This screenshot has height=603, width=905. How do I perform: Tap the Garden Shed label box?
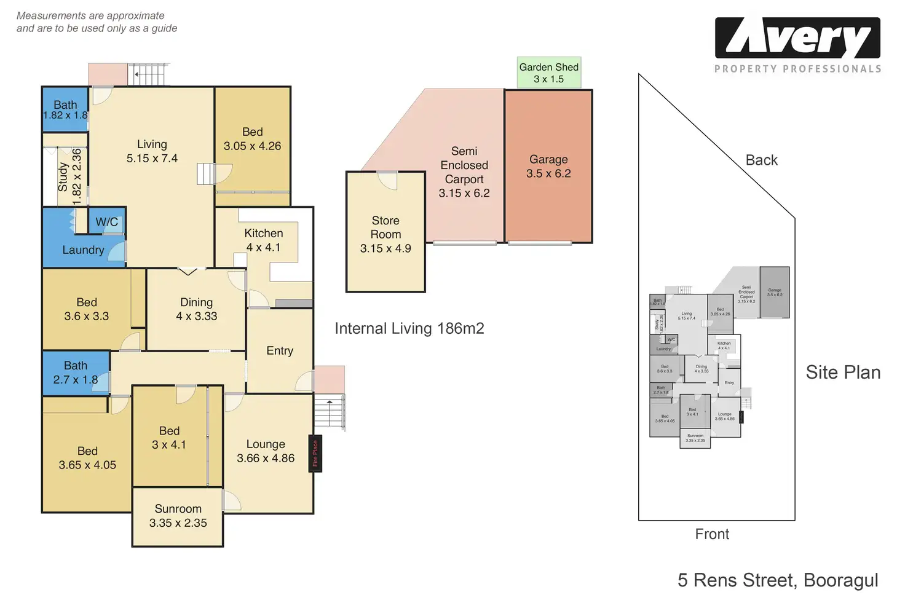pos(548,73)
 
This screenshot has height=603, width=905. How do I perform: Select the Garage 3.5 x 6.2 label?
pos(548,167)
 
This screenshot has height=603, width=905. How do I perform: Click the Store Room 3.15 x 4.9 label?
pos(385,234)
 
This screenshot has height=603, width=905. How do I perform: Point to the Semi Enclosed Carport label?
pos(464,172)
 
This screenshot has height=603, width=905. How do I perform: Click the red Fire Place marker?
pos(315,454)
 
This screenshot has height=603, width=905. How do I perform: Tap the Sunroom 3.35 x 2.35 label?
pos(178,516)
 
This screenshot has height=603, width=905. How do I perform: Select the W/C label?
pos(106,222)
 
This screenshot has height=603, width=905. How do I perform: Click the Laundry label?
pos(83,250)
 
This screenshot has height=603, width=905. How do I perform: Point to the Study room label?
pos(63,176)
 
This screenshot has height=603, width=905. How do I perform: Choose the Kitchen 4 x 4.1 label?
pos(263,240)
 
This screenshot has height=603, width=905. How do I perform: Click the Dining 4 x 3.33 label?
pos(196,309)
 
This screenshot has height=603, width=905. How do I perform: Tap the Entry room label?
pos(280,350)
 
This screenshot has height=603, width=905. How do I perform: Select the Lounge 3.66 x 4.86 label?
pos(266,451)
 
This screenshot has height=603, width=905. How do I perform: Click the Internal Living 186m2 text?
pos(409,329)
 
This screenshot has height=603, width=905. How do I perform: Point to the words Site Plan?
pos(843,372)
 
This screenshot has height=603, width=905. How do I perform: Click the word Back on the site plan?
pos(761,160)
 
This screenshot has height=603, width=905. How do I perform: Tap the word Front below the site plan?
pos(712,534)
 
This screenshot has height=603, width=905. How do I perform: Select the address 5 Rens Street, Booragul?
pos(778,580)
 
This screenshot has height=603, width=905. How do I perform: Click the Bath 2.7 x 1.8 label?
pos(76,372)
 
